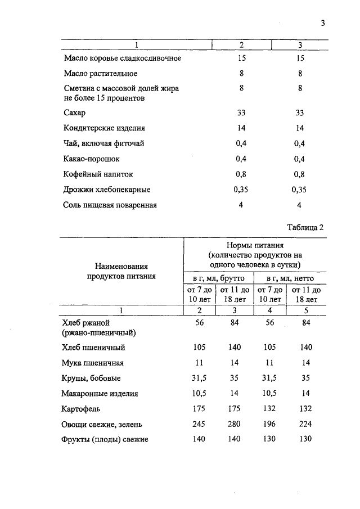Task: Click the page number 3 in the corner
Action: (323, 23)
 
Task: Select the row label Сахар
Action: (74, 113)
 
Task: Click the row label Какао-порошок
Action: (92, 159)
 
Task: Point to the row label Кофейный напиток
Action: (98, 174)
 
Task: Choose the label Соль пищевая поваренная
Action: (110, 205)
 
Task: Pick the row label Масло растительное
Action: (100, 73)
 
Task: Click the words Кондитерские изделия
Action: (103, 128)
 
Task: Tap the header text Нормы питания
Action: (255, 245)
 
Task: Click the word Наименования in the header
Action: (121, 266)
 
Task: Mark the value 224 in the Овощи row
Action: (305, 424)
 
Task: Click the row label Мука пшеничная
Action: (93, 363)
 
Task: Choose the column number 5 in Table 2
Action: (305, 310)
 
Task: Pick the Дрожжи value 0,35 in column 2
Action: (241, 190)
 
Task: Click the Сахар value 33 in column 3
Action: (300, 113)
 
